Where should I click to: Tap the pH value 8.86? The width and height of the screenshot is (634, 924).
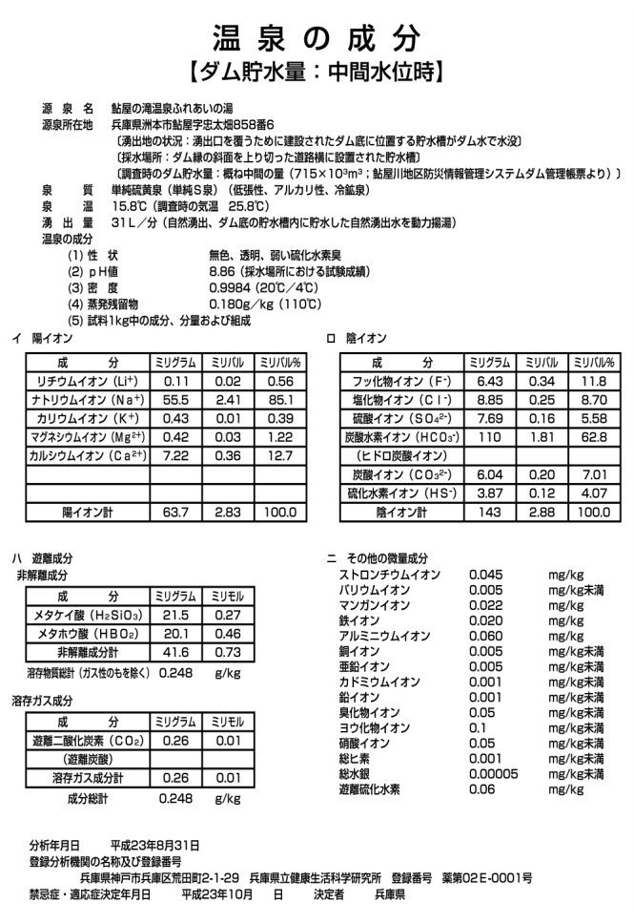click(225, 271)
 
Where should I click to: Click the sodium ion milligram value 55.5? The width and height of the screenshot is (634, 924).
click(176, 399)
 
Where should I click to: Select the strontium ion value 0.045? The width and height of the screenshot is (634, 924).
click(485, 575)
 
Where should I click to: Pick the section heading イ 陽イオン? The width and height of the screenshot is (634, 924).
click(40, 339)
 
